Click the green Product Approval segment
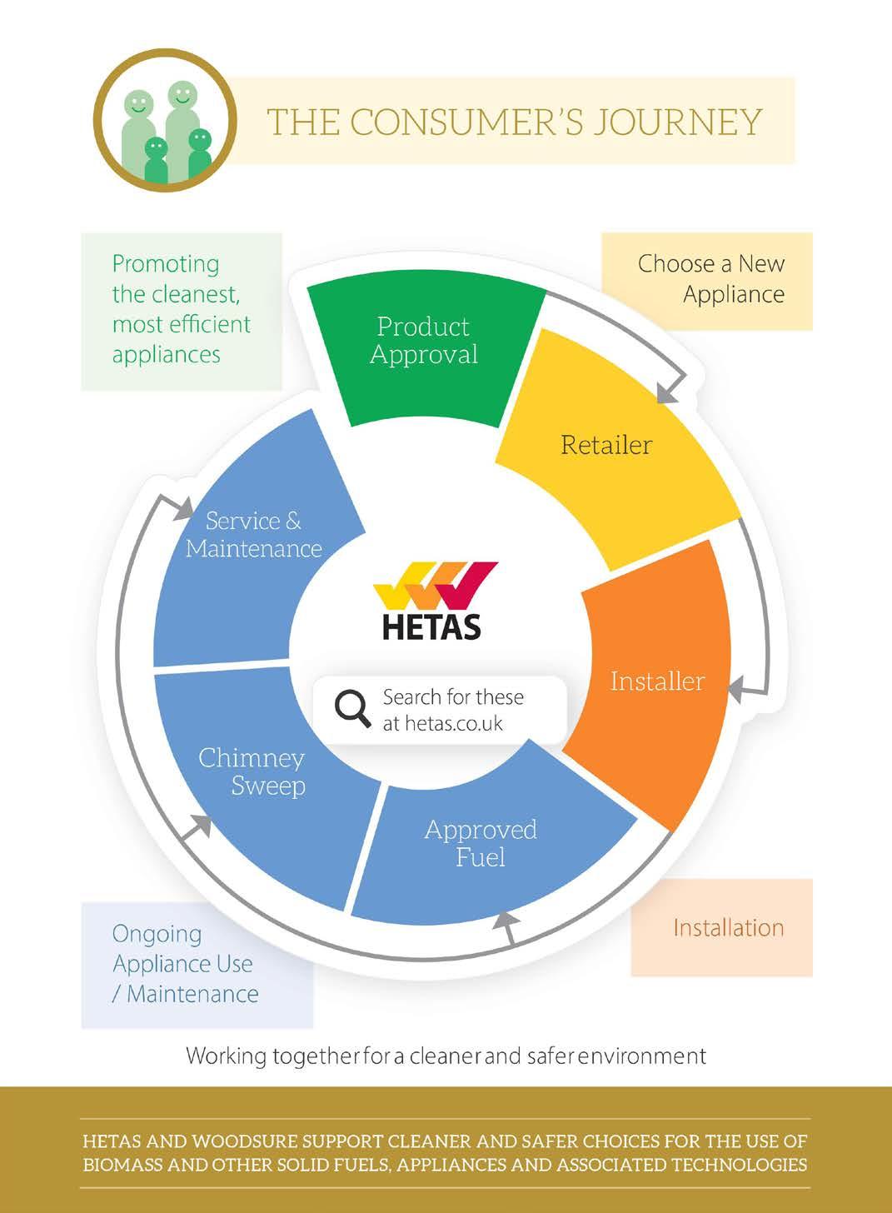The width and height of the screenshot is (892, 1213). (423, 350)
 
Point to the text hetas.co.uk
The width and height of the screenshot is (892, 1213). (443, 723)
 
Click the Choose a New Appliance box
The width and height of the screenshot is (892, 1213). (707, 280)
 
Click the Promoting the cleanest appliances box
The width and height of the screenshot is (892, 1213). (182, 310)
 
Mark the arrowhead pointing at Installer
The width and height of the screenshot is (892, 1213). (736, 689)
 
